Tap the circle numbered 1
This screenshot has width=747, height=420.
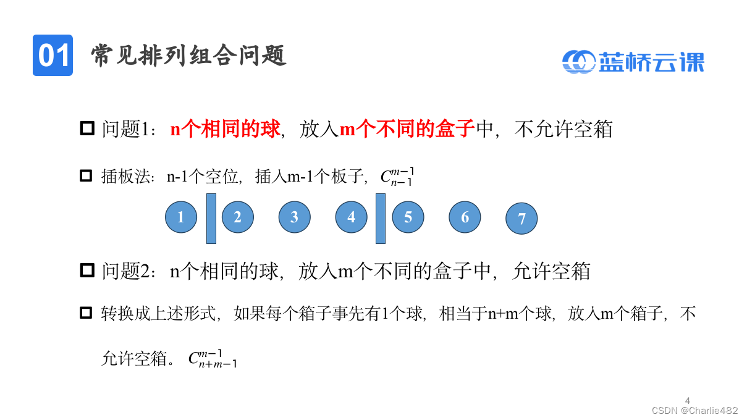coord(181,217)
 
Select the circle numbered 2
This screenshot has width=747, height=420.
coord(238,217)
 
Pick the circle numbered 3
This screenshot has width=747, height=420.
coord(295,217)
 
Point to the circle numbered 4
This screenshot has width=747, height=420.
coord(352,217)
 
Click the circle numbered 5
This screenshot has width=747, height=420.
coord(408,217)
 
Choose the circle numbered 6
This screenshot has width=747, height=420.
coord(465,217)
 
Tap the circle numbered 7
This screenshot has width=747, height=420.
coord(521,219)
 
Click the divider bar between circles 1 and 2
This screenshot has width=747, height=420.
coord(211,219)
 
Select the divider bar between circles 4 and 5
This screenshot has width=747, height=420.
coord(381,219)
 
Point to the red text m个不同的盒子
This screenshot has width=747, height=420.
coord(407,129)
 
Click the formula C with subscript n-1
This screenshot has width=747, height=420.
coord(396,177)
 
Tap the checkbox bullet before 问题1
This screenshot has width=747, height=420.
coord(87,129)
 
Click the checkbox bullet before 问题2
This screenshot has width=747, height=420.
coord(87,270)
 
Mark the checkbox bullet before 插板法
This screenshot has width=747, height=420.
coord(86,176)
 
